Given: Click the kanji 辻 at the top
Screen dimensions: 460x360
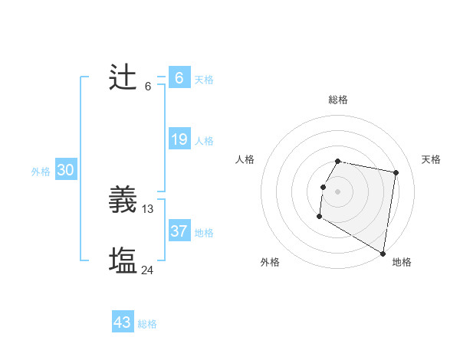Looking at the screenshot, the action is coord(123,78).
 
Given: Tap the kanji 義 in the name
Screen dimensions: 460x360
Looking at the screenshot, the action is coord(123,201).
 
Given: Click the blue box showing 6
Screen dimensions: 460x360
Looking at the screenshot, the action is coord(179,78).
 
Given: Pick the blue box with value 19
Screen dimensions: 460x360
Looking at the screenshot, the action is coord(179,139).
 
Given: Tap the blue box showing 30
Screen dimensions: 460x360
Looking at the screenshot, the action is coord(65,170).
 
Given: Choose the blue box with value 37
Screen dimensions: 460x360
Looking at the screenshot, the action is coord(179,231).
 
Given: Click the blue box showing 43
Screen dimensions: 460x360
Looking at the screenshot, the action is coord(123,322).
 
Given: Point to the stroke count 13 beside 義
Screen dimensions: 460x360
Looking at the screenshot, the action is coord(148,209).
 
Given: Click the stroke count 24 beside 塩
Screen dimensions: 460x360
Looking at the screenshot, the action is coord(148,270).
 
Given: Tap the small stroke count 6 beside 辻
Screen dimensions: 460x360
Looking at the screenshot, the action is coord(148,86).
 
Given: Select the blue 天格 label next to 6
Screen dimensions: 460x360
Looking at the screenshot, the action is coord(204,80).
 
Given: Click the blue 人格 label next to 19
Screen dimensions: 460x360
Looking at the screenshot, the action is coord(204,141).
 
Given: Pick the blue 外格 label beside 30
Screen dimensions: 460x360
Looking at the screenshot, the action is coord(41,172).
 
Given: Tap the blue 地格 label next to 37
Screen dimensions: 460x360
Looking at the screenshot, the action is coord(204,233).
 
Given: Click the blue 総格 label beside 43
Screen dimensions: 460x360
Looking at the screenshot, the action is coord(147,324).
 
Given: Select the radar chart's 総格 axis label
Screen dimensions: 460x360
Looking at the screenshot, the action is coord(338,100).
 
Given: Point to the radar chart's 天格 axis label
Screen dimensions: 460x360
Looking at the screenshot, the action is coord(432,159).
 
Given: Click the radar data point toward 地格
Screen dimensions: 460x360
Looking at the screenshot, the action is coord(383,254).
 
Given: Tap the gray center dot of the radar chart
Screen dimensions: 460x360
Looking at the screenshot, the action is coord(338,191).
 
